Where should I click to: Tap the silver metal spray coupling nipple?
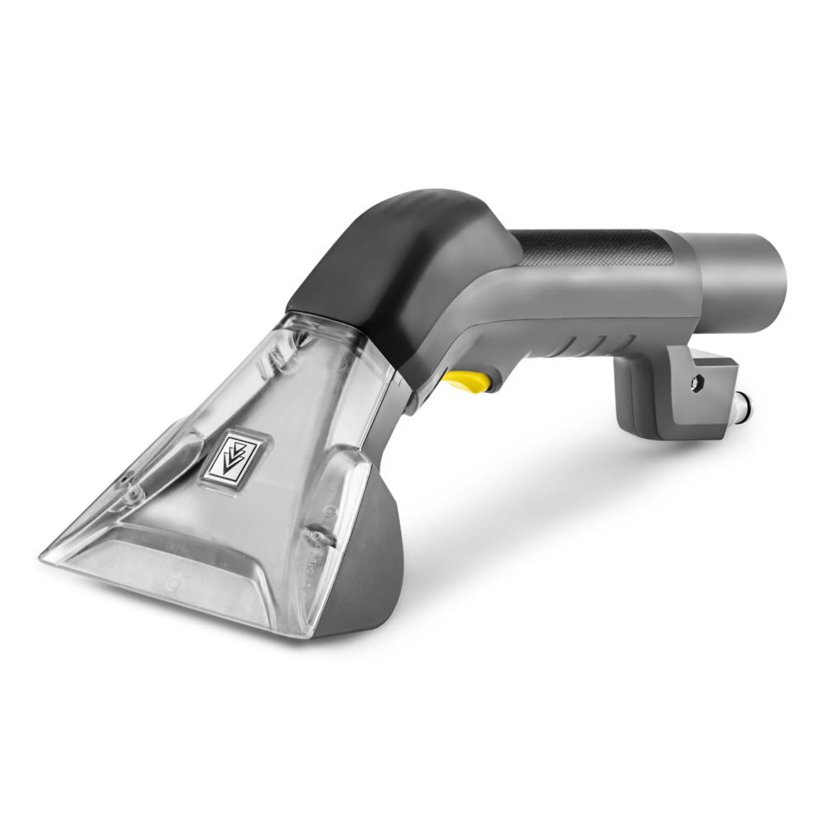point(747,408)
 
